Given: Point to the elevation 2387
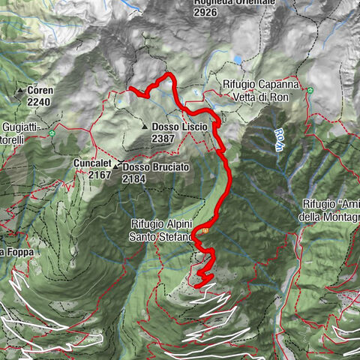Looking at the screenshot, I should pos(163,139).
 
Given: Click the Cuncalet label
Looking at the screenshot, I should pos(92,163).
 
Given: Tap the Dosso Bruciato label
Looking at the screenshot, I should pos(156,167).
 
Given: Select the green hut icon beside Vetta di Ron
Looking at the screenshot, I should pos(308,89).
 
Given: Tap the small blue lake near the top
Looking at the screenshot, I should pos(238,59).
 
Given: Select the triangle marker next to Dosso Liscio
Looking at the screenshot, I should pos(145,127).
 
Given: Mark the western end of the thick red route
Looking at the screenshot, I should pos(131,88).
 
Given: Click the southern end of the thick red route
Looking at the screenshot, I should pos(196,286).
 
